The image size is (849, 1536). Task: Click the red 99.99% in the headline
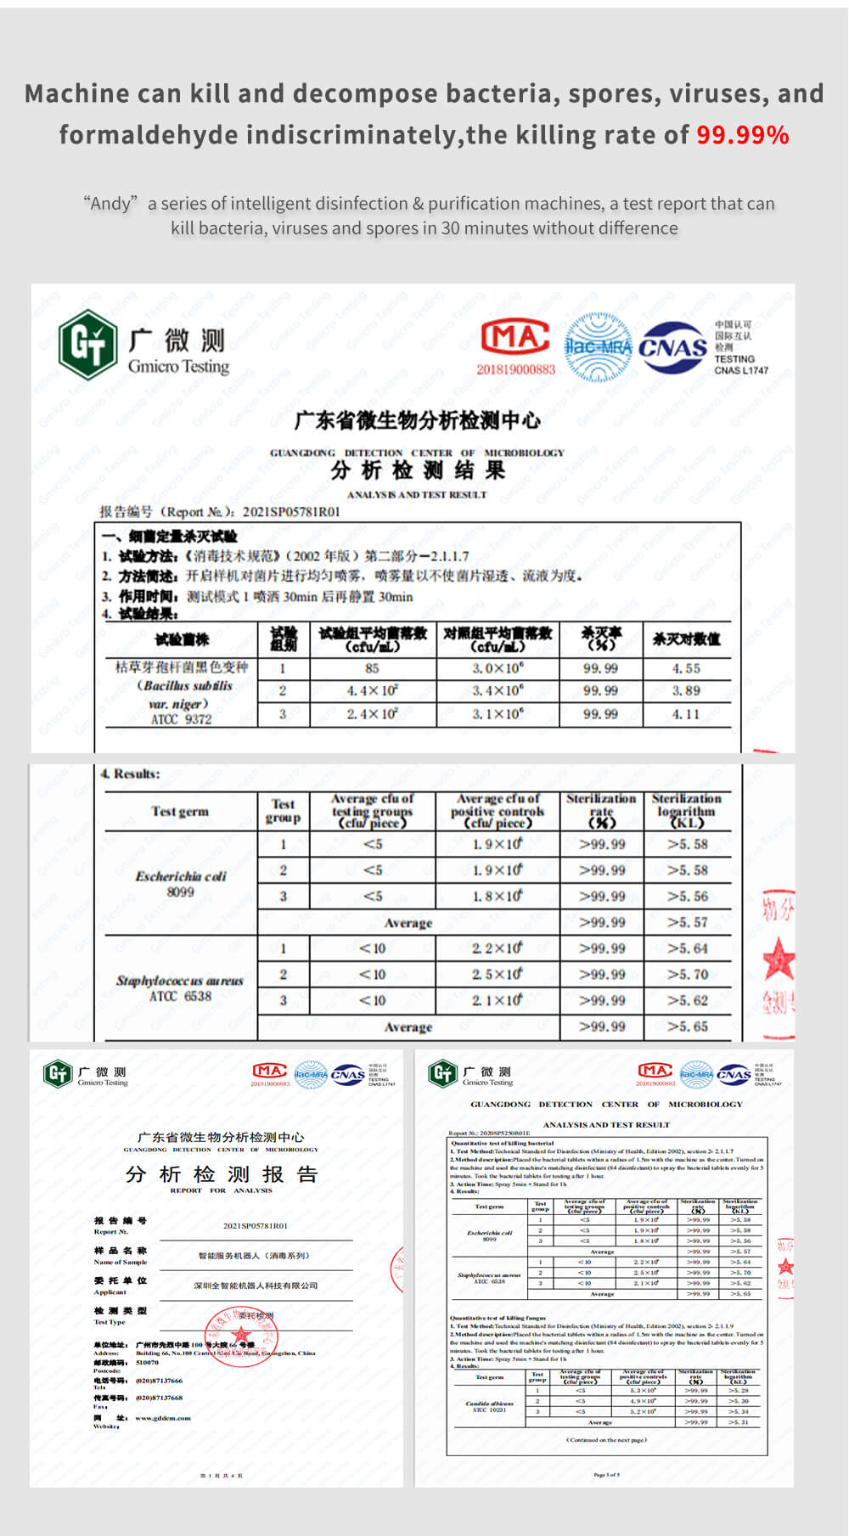[742, 135]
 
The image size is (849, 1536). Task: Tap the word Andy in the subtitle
[110, 204]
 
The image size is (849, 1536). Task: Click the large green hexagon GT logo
[87, 344]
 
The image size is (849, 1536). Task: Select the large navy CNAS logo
[673, 348]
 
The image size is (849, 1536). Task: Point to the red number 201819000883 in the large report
[515, 369]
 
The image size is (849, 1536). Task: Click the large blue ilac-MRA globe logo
[599, 346]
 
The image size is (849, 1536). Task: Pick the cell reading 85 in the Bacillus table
[372, 668]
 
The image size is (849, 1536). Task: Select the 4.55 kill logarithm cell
[686, 668]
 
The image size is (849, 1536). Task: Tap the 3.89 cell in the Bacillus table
[686, 690]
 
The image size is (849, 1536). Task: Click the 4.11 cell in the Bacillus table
[686, 714]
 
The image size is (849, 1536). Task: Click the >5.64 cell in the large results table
[688, 948]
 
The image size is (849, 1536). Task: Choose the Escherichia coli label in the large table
[181, 876]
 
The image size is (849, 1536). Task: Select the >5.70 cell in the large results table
[688, 975]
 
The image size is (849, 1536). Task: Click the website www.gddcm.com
[163, 1418]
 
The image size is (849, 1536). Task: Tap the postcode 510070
[147, 1363]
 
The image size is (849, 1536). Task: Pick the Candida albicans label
[490, 1404]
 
